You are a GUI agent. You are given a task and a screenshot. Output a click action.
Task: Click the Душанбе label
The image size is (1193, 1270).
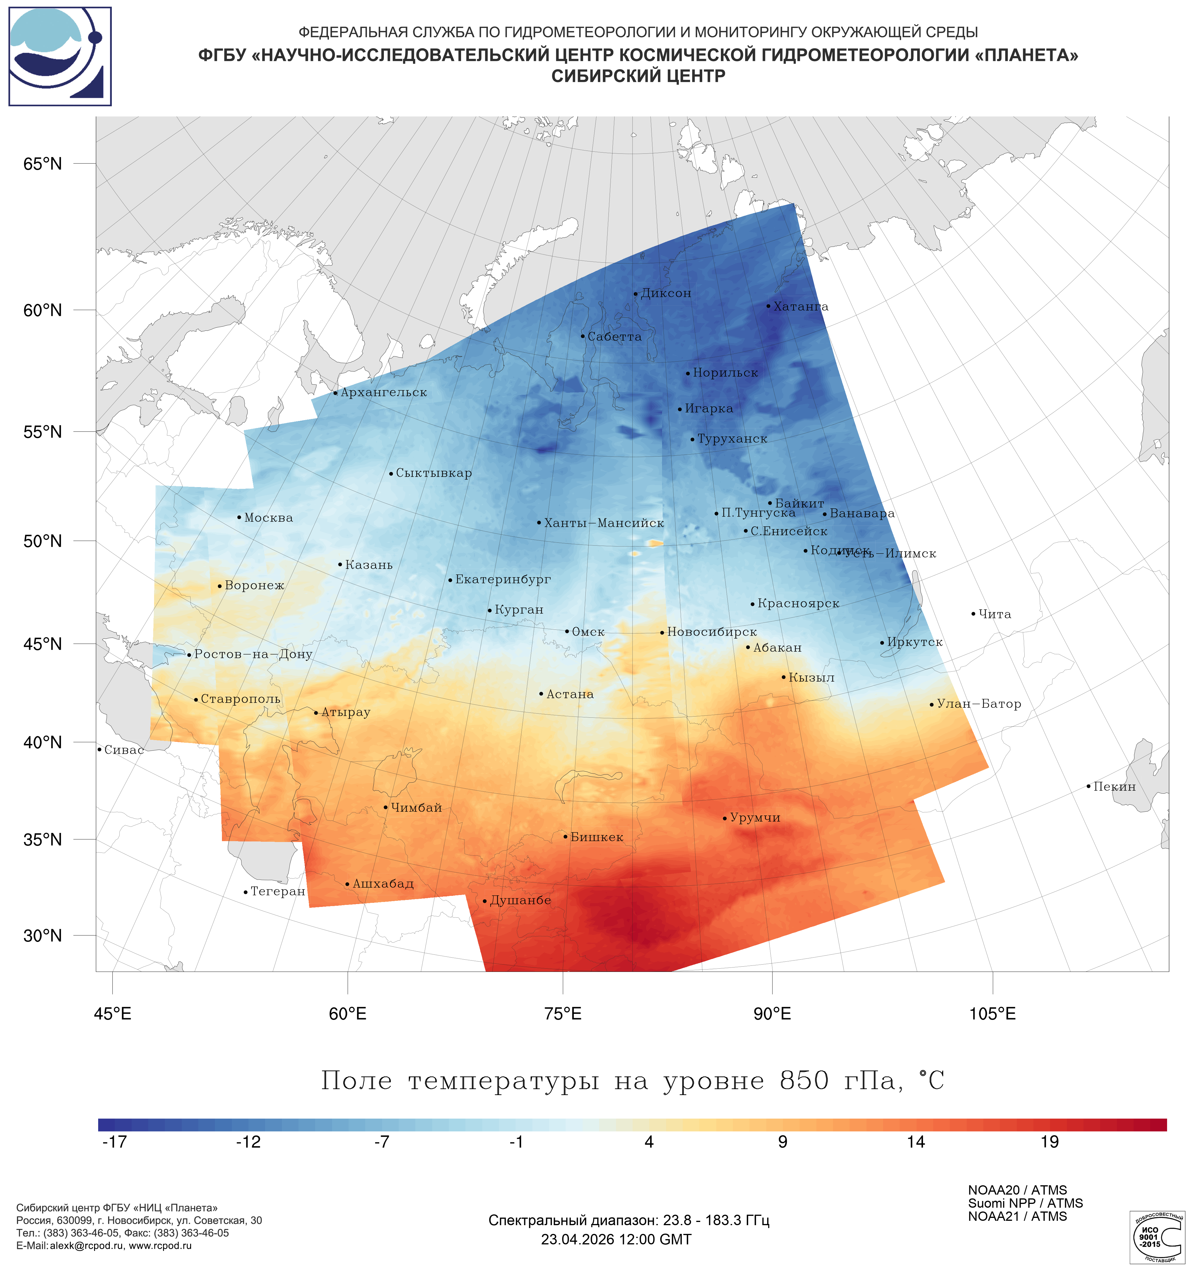[x=520, y=900]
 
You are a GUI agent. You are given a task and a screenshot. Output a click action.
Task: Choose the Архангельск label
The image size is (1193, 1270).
[x=383, y=392]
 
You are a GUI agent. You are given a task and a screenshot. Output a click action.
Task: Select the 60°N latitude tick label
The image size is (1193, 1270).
[x=43, y=310]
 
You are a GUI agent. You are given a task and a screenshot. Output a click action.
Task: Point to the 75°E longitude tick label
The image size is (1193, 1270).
[x=563, y=1013]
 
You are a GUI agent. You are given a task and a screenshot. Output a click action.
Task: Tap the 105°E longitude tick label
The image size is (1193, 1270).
[x=992, y=1013]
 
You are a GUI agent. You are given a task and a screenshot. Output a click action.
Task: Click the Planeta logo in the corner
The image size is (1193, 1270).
[x=60, y=56]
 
